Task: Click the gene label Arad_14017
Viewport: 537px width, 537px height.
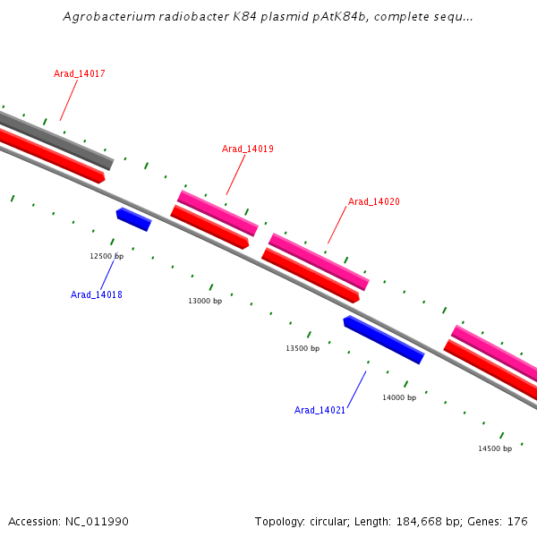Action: point(80,73)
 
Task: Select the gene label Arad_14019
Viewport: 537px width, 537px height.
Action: point(248,149)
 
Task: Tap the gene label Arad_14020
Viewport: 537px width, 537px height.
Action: point(374,201)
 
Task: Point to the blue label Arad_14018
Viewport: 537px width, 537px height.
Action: point(97,294)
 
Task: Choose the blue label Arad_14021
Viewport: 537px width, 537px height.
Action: point(320,410)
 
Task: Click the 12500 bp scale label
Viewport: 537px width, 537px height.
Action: point(107,256)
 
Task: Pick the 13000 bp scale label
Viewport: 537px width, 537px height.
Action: point(205,302)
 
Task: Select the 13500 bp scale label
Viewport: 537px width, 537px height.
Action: point(303,348)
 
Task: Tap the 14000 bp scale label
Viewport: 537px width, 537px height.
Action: point(399,397)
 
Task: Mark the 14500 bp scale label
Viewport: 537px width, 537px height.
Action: point(495,448)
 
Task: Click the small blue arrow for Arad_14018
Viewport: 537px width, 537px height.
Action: point(133,218)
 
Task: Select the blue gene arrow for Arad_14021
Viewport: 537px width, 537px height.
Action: point(383,339)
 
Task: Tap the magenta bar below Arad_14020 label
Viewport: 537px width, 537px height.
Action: point(319,261)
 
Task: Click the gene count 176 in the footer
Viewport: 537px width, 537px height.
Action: point(517,522)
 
